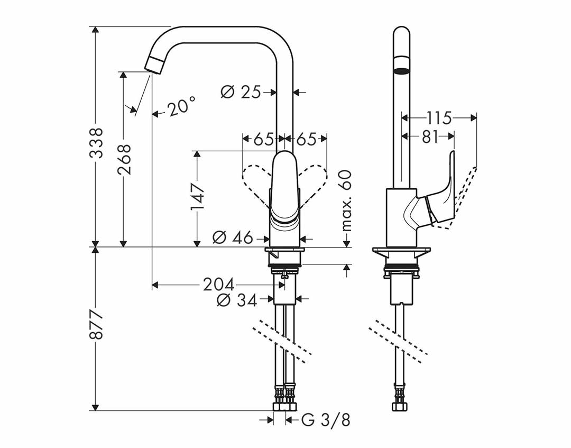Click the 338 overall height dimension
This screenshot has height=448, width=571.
96,142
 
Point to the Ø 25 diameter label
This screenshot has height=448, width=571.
241,92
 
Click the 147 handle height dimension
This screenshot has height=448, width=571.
197,197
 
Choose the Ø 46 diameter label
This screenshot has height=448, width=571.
233,238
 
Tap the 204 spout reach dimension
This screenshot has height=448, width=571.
218,285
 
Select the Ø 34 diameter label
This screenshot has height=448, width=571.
237,300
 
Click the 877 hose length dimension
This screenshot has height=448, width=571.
96,325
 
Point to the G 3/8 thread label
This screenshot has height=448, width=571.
326,420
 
